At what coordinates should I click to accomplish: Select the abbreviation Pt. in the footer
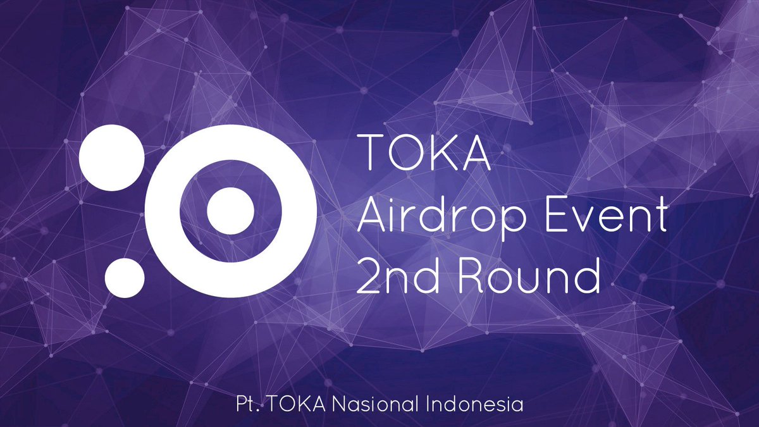click(x=243, y=404)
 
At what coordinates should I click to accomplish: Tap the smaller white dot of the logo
click(x=125, y=277)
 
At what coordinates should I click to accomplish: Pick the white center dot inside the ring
click(x=231, y=211)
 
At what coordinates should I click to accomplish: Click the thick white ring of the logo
click(x=163, y=211)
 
